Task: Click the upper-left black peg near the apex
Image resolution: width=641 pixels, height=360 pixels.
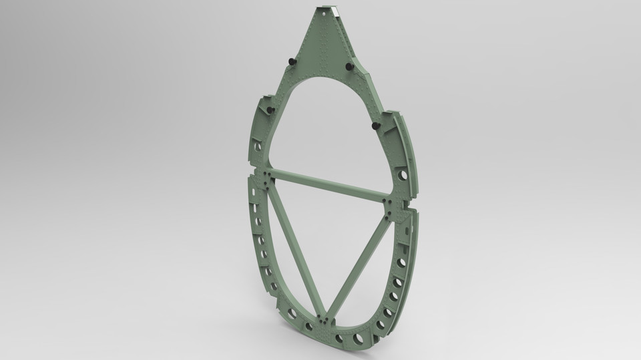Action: click(291, 61)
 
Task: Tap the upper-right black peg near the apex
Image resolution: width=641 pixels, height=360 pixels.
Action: click(349, 67)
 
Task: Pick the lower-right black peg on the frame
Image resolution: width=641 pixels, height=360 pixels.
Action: click(375, 125)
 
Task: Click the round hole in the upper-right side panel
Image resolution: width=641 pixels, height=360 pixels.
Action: click(402, 174)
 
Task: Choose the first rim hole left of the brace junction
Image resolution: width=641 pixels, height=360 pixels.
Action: click(308, 327)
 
